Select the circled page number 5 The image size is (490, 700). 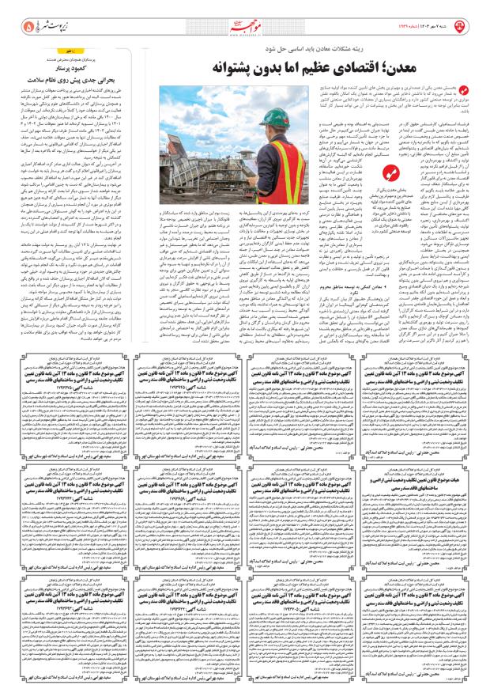coord(18,25)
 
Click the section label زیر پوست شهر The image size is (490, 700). coord(49,25)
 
